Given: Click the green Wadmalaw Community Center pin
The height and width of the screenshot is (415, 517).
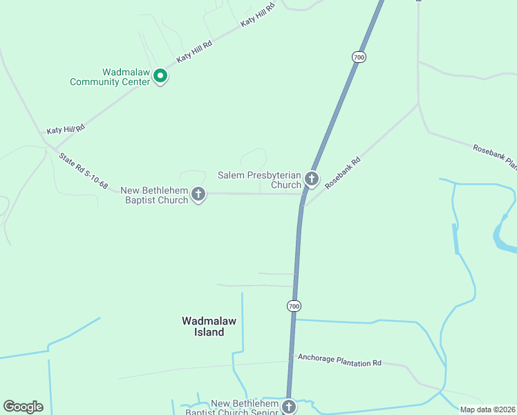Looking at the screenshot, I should [x=160, y=75].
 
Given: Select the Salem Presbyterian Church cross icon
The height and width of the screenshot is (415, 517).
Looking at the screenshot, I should [x=312, y=179].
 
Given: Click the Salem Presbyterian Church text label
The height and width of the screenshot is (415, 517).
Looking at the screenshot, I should [x=260, y=180].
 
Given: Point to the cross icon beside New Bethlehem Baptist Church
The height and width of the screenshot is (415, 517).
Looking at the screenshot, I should [x=198, y=194].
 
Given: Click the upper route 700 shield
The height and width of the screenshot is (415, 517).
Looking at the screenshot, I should [x=358, y=57].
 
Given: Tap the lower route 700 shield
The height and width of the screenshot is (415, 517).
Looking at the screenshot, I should [x=294, y=306].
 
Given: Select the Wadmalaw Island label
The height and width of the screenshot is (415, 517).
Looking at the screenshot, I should [x=203, y=326].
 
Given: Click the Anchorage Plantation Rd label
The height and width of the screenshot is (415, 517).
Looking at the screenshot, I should [x=339, y=360].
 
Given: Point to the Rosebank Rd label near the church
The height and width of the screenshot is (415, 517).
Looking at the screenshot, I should [x=344, y=172].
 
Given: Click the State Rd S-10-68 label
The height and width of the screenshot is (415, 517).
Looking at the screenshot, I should [x=84, y=172].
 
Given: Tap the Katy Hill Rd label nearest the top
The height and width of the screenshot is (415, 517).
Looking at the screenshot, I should [x=258, y=14].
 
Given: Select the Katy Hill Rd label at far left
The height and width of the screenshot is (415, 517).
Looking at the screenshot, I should [x=65, y=129].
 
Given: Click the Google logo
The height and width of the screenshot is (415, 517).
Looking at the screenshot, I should [x=23, y=407].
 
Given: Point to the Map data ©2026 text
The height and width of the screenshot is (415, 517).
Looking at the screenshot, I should [x=487, y=409].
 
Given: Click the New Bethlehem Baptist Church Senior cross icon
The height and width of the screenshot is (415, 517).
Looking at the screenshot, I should [x=289, y=407].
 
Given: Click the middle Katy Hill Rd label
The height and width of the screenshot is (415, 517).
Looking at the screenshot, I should [x=194, y=53].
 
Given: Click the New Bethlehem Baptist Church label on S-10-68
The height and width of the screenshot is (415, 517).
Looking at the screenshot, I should [x=154, y=195].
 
